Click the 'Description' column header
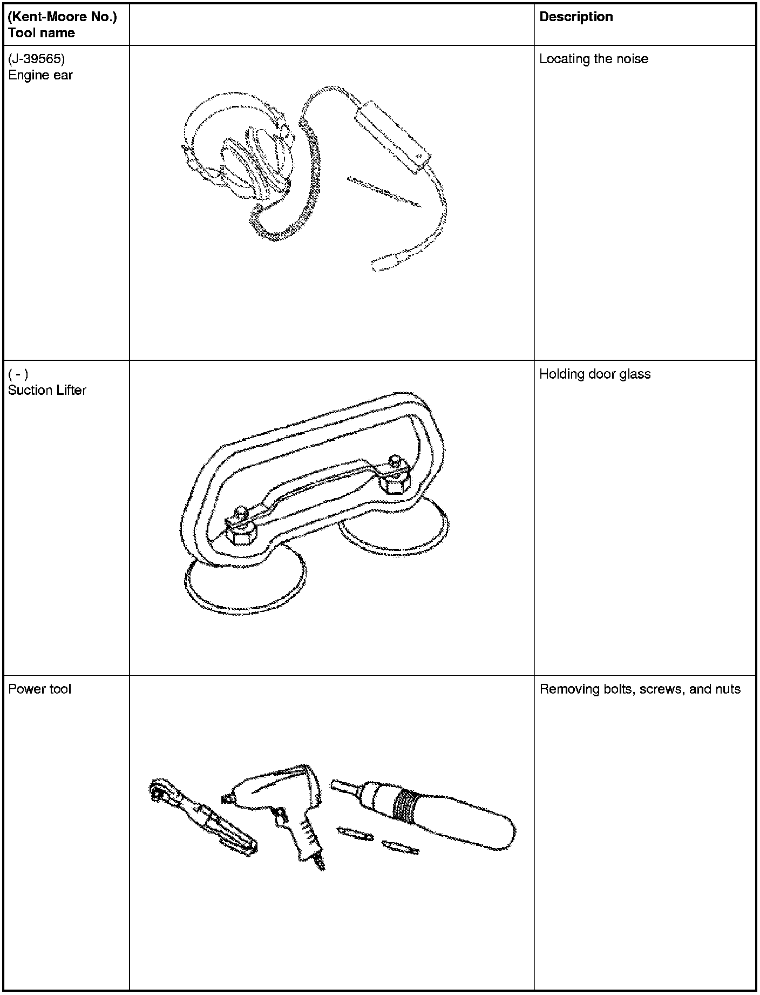click(576, 17)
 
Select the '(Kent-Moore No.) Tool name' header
click(62, 25)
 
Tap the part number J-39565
click(36, 59)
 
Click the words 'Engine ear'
click(40, 75)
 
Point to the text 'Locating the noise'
click(594, 59)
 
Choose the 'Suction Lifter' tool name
click(47, 390)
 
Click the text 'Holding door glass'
click(595, 374)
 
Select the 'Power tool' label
click(39, 689)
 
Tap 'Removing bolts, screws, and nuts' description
click(640, 689)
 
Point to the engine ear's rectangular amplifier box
click(392, 137)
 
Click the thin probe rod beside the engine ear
click(384, 191)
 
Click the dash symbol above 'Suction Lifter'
click(18, 374)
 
